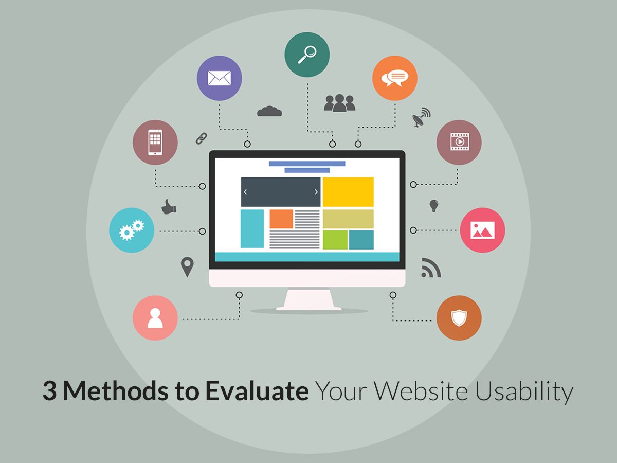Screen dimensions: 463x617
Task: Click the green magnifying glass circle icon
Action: coord(307,55)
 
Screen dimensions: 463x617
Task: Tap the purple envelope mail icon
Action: coord(219,78)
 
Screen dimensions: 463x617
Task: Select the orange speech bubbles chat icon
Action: coord(394,78)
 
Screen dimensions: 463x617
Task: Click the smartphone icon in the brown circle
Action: coord(155,142)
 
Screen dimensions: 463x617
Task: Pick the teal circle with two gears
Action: coord(132,230)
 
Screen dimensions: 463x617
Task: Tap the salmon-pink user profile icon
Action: coord(155,317)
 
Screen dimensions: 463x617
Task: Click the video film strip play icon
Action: coord(459,142)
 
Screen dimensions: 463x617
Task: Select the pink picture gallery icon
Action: coord(482,230)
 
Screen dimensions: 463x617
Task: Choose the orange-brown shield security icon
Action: coord(459,317)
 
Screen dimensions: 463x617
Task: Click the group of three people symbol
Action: coord(339,103)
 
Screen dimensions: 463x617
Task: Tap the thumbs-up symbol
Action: coord(169,207)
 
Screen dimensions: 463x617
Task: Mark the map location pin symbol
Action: coord(187,267)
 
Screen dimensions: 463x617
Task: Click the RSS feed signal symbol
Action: coord(430,268)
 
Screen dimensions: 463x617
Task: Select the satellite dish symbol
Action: coord(421,117)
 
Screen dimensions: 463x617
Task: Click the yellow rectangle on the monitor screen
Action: coord(348,192)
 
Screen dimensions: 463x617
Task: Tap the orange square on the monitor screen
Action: coord(281,219)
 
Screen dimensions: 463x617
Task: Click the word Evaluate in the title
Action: coord(257,392)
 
